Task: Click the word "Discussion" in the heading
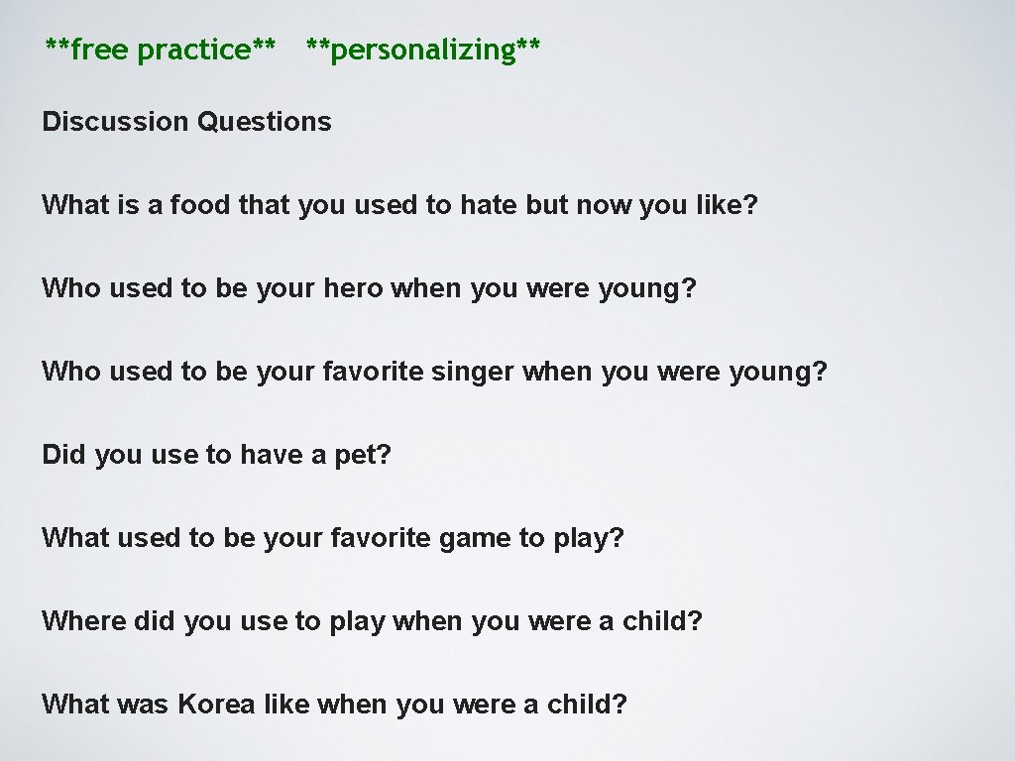[115, 122]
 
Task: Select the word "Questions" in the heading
[265, 122]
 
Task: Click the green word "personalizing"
[423, 49]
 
